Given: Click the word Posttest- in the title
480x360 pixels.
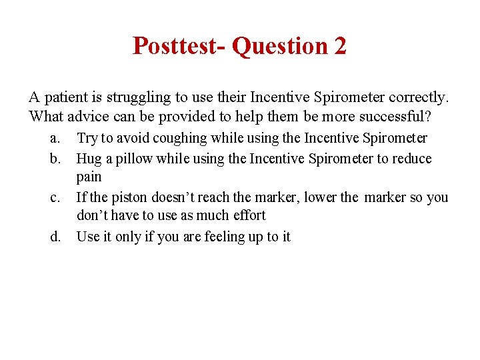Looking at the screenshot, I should pyautogui.click(x=179, y=46).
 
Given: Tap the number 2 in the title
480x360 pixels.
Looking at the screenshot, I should pyautogui.click(x=339, y=46).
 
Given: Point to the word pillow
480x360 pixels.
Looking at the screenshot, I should pyautogui.click(x=132, y=159).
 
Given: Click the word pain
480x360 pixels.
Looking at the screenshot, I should pyautogui.click(x=89, y=177).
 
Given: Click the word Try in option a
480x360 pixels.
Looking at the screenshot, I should pyautogui.click(x=87, y=139).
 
